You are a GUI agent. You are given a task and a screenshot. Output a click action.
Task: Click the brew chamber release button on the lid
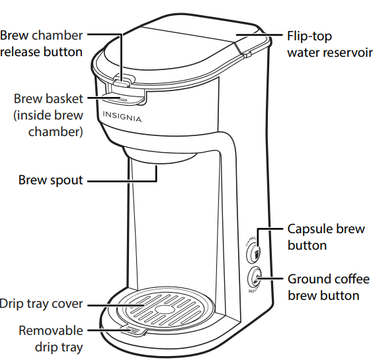pyautogui.click(x=122, y=83)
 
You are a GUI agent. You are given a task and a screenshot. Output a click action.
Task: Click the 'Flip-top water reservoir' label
pyautogui.click(x=325, y=44)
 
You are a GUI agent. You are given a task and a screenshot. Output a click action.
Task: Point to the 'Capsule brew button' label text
pyautogui.click(x=326, y=237)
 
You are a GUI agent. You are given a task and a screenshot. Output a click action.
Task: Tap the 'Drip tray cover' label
pyautogui.click(x=42, y=304)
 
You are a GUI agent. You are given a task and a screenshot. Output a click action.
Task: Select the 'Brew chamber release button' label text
pyautogui.click(x=42, y=44)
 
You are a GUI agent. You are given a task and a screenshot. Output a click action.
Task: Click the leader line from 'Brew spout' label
pyautogui.click(x=122, y=180)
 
